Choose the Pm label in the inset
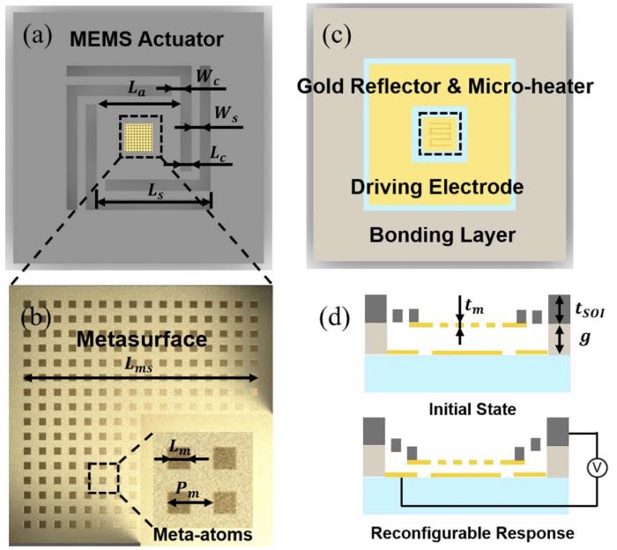pyautogui.click(x=183, y=489)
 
